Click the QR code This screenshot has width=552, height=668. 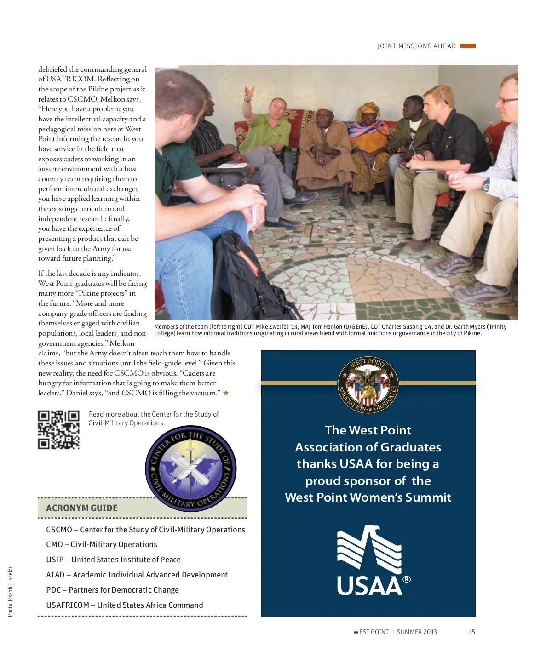coord(58,429)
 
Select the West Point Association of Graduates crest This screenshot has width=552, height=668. coord(368,385)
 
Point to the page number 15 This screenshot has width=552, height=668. coord(472,632)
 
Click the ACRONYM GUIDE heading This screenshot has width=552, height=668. coord(82,508)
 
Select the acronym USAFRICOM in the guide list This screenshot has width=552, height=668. coord(68,605)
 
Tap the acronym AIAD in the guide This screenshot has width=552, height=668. coord(55,575)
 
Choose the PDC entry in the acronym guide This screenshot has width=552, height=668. coord(53,590)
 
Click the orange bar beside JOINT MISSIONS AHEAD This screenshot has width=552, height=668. coord(467,46)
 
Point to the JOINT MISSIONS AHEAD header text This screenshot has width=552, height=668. coord(416,46)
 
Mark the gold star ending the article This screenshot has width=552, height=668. coord(226,393)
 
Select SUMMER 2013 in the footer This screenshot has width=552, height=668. coord(417,632)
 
